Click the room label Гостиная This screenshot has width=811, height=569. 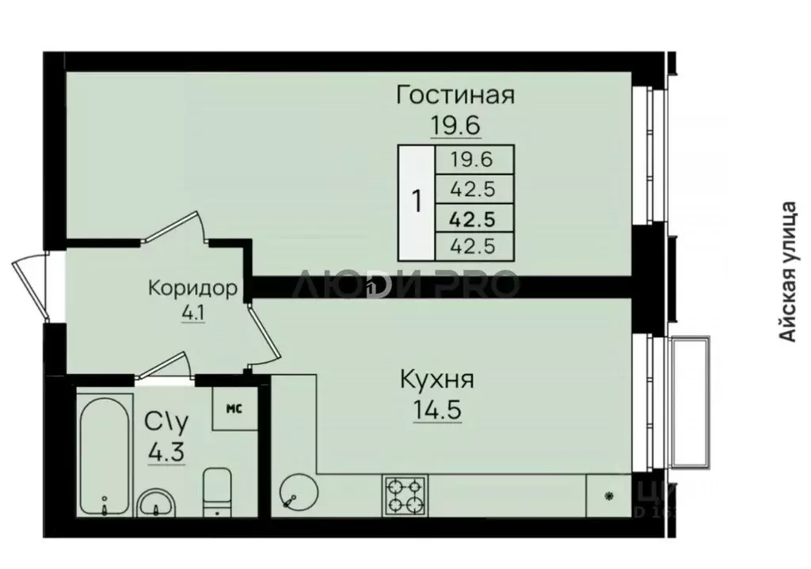(456, 96)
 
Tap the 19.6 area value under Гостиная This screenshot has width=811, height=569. (455, 124)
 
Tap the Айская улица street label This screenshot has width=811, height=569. (787, 273)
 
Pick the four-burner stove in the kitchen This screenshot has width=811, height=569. (405, 495)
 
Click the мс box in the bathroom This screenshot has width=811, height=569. (234, 408)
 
